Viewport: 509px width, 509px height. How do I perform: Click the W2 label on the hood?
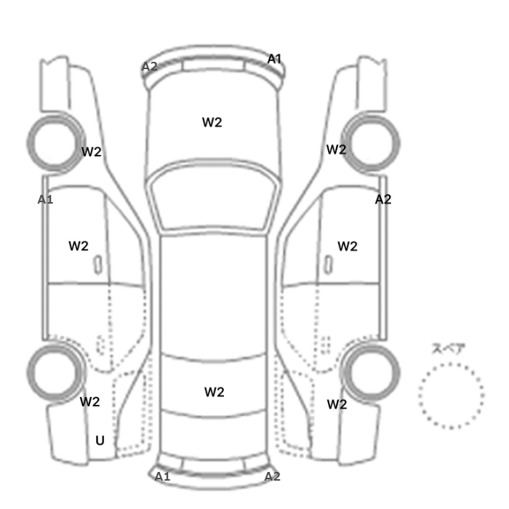(212, 122)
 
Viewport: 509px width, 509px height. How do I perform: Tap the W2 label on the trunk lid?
(215, 392)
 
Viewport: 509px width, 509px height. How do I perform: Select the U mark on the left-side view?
(100, 441)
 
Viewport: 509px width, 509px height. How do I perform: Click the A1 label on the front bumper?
(274, 59)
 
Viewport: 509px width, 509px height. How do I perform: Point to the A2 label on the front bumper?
(150, 67)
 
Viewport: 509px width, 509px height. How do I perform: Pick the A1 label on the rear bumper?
(162, 476)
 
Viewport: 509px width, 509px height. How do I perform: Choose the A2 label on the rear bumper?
(273, 476)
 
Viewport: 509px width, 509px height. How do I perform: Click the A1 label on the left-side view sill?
(45, 200)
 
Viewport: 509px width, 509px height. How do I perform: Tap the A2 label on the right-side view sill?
(383, 199)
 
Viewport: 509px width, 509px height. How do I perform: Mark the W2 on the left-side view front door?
(79, 246)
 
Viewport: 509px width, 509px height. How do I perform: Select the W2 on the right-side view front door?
(348, 247)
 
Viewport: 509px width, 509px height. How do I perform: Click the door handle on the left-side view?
(98, 265)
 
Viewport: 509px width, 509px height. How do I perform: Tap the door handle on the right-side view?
(329, 265)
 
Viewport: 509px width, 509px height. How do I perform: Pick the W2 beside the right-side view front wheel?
(336, 150)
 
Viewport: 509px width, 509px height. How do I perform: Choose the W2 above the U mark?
(90, 402)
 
